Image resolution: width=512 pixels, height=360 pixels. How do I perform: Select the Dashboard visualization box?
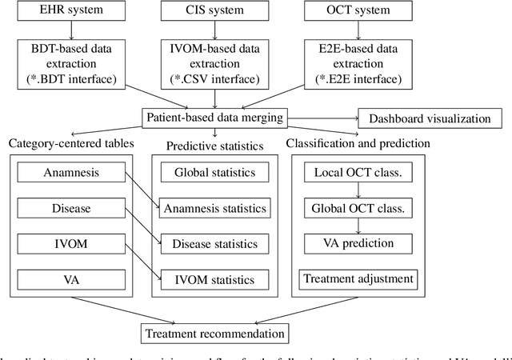430,118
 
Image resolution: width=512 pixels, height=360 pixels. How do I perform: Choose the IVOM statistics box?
215,279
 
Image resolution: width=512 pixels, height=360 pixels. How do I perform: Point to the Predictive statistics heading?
215,146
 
